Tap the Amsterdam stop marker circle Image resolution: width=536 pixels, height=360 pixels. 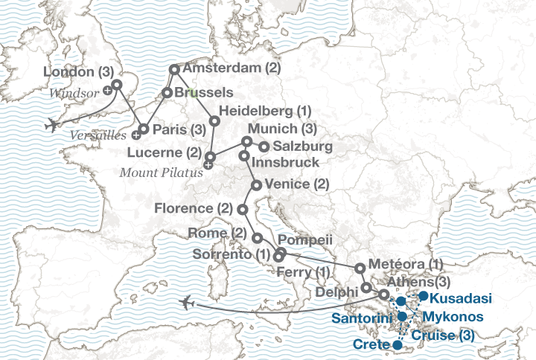coord(174,69)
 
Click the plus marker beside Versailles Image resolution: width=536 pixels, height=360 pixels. coord(136,135)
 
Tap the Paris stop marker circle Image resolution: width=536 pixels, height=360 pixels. coord(144,129)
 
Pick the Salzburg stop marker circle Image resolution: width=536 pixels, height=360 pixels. coord(264,146)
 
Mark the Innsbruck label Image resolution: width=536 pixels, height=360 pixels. coord(287,161)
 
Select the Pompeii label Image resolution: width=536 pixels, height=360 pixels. coord(305,241)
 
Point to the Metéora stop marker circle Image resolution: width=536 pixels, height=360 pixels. coord(360,268)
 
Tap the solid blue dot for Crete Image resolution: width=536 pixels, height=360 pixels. coord(396,345)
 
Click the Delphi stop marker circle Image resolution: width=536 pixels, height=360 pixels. coord(366,287)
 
